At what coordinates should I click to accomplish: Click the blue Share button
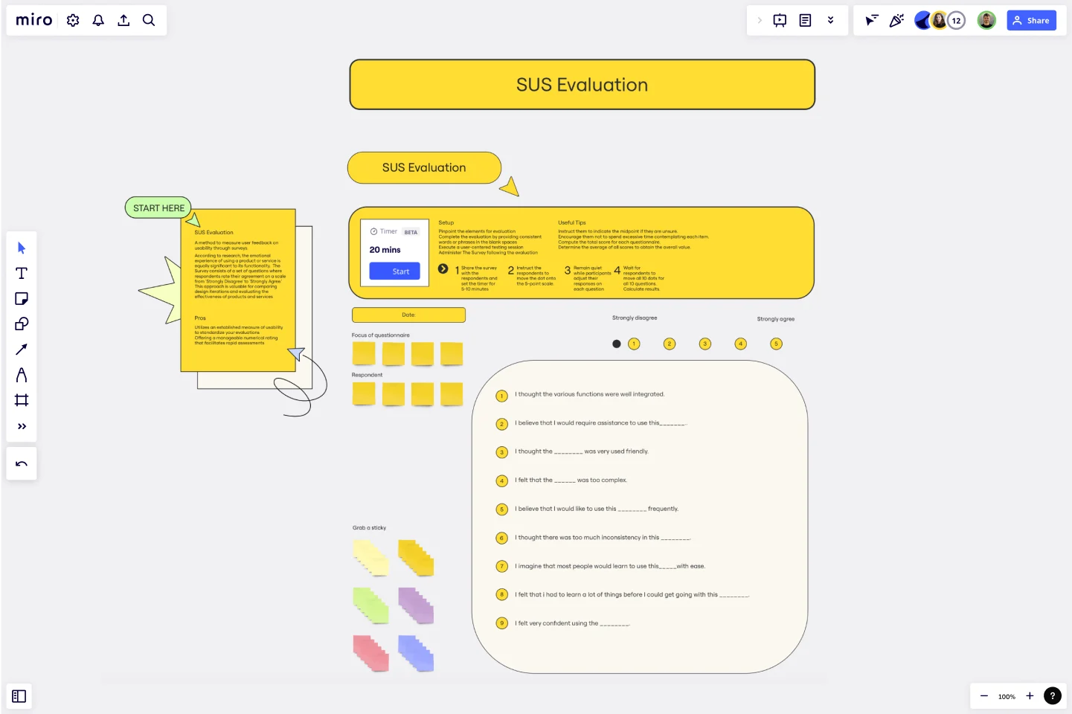click(x=1031, y=21)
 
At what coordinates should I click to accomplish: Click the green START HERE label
click(x=158, y=208)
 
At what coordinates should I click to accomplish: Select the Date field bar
click(x=408, y=315)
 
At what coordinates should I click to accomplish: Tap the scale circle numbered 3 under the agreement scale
click(x=705, y=344)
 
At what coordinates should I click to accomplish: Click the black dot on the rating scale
click(x=616, y=344)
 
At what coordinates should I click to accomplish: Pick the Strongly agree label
click(x=775, y=319)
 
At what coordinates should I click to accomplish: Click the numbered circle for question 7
click(x=501, y=567)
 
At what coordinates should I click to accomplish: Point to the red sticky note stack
click(x=370, y=653)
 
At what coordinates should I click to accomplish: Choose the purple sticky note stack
click(x=416, y=605)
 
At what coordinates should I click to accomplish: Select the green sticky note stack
click(x=370, y=605)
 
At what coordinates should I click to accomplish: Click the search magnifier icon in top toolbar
click(x=149, y=21)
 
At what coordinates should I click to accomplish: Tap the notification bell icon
click(x=98, y=21)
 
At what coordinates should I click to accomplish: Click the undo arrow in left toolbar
click(x=22, y=464)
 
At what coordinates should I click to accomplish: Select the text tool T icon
click(x=22, y=274)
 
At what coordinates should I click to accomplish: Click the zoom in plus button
click(x=1030, y=696)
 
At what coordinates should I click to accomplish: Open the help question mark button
click(x=1052, y=696)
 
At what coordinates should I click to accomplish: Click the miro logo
click(x=34, y=21)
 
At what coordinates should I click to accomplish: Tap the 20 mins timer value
click(x=385, y=250)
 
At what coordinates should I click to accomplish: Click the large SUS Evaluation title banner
click(x=582, y=85)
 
